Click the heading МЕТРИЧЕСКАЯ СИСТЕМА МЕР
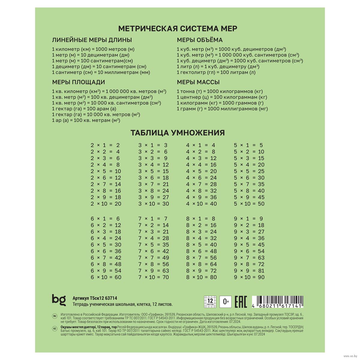coord(178,28)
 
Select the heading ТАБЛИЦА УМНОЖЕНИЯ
coord(178,133)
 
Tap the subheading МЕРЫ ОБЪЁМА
coord(199,40)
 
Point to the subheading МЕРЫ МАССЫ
coord(198,82)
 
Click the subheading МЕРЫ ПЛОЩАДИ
coord(79,82)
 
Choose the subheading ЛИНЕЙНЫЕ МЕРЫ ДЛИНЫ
coord(92,40)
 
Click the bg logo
coord(58,300)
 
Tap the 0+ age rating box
coord(226,301)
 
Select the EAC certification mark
coord(240,301)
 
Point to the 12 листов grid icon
coord(210,301)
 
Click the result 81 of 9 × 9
coord(261,271)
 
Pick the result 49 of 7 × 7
coord(166,258)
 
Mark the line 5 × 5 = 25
coord(249,171)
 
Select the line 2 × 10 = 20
coord(106,204)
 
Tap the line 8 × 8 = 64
coord(201,264)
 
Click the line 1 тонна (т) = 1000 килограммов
coord(220,91)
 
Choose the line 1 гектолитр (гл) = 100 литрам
coord(216,72)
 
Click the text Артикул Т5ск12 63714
coord(95,298)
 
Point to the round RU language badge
coord(55,316)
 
